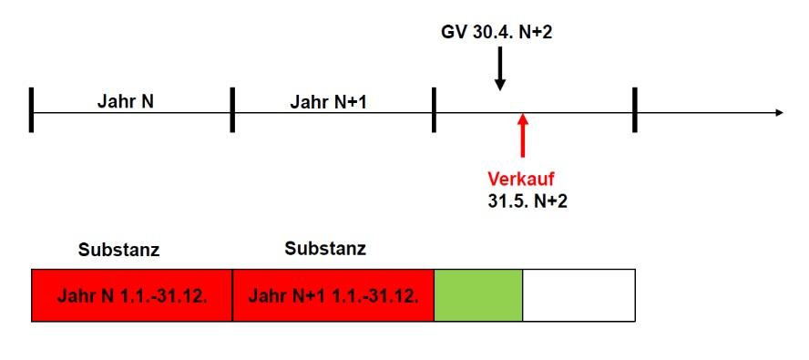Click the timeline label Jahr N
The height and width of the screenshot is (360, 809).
(x=125, y=101)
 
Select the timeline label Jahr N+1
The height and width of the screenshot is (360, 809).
(x=328, y=101)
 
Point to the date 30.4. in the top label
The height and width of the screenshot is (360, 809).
(x=493, y=34)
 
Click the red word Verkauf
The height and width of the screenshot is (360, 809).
(x=521, y=178)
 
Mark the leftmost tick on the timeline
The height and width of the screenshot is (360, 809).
(x=31, y=109)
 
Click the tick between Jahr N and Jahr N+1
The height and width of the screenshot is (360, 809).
(x=232, y=109)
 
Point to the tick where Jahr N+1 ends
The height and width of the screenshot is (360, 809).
(x=434, y=109)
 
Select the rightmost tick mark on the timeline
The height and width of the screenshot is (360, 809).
(x=634, y=109)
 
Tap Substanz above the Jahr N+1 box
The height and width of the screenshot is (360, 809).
(x=325, y=248)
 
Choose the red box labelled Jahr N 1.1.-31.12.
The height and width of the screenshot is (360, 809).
(x=132, y=295)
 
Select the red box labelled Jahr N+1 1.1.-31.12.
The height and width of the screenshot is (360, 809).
(x=333, y=295)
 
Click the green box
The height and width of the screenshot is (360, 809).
(x=478, y=295)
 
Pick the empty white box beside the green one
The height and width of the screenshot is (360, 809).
(x=579, y=295)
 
